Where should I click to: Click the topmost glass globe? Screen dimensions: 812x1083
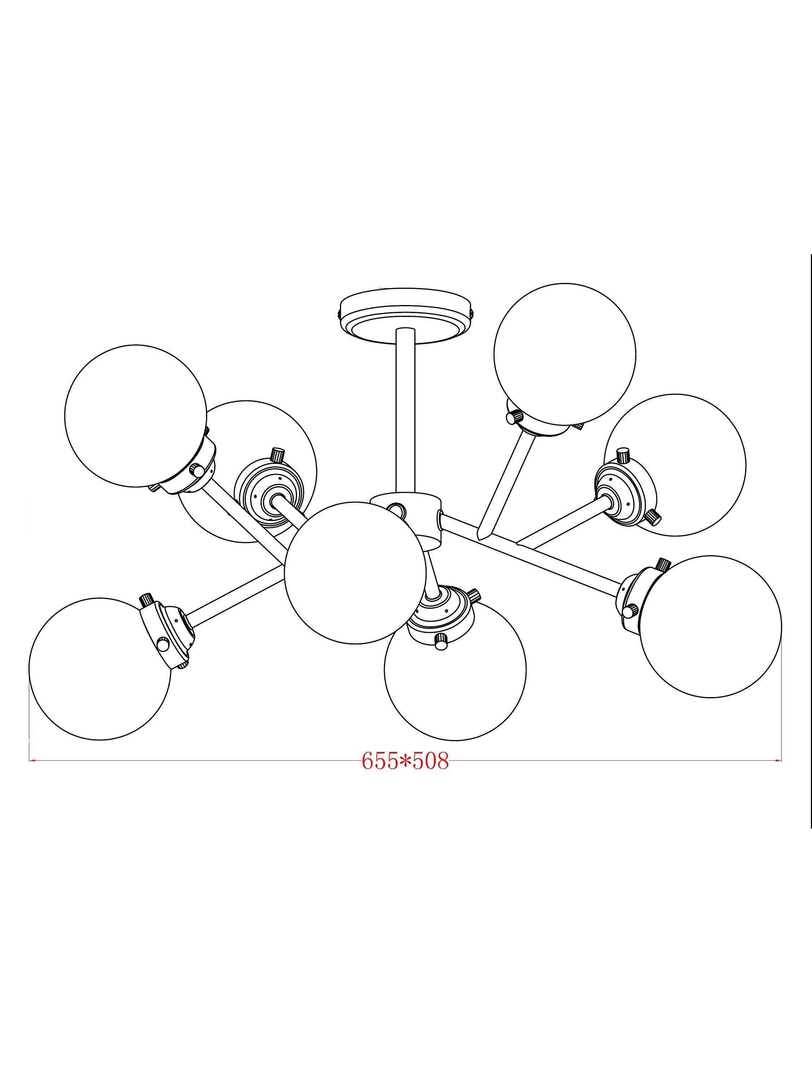pos(565,353)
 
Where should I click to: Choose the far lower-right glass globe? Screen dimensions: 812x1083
pos(711,627)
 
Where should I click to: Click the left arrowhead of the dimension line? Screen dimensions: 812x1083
pos(32,760)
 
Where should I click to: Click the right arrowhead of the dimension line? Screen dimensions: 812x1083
pos(778,760)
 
